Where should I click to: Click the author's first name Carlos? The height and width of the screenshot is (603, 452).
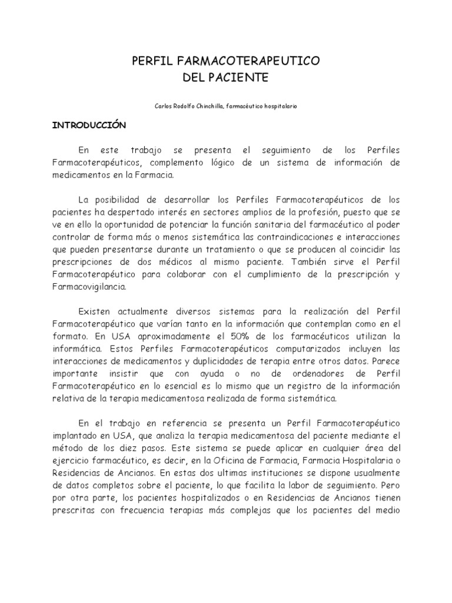tap(162, 106)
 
